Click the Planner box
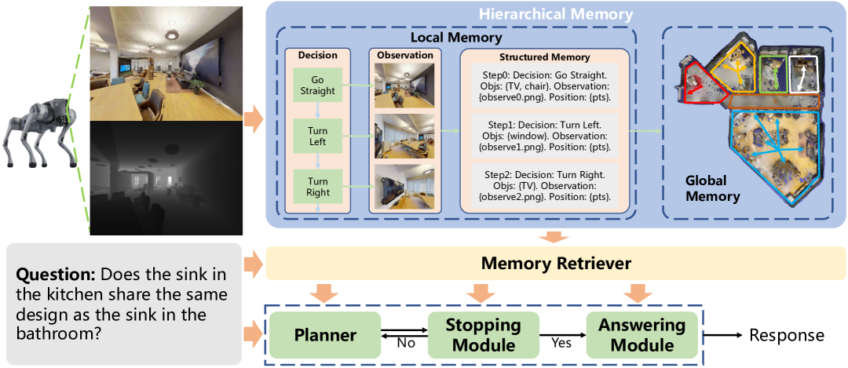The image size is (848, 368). point(325,335)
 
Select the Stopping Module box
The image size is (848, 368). point(484,335)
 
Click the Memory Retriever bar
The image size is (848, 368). point(556,264)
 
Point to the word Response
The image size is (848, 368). point(787,336)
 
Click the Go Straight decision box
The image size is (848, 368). point(317,85)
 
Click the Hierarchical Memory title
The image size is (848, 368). point(555,13)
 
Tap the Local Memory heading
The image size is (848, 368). point(456,38)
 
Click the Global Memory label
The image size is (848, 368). point(712,189)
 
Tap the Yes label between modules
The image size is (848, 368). point(562,344)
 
